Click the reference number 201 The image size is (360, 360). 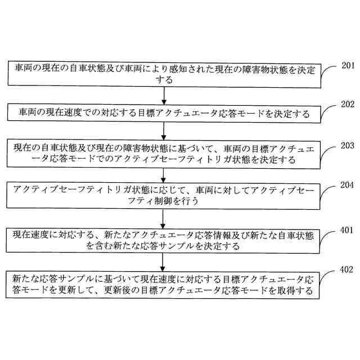tap(348, 66)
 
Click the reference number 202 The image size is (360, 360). tap(348, 105)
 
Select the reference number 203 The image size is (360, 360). tap(348, 145)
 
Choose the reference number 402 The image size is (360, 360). tap(348, 270)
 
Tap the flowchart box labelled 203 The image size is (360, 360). tap(163, 154)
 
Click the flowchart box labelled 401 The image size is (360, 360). tap(163, 240)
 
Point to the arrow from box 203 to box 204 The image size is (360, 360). tap(163, 174)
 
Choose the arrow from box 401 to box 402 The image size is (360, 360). tap(163, 261)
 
